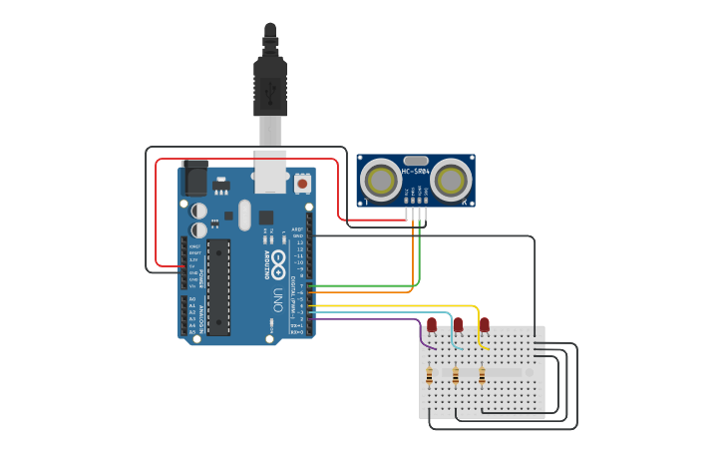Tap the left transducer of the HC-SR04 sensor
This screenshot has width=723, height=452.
tap(381, 181)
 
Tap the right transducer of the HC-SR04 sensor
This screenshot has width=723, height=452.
tap(451, 181)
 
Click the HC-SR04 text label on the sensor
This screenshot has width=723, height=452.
tap(416, 172)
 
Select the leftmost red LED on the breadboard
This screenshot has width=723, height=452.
tap(432, 324)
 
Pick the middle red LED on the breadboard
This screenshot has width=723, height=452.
tap(458, 324)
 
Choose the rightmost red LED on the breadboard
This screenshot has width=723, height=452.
tap(485, 324)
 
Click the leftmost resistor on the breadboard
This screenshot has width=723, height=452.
tap(430, 376)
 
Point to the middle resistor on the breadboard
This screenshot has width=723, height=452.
tap(456, 376)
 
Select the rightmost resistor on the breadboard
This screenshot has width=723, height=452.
tap(482, 376)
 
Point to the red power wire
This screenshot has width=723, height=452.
tap(249, 159)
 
